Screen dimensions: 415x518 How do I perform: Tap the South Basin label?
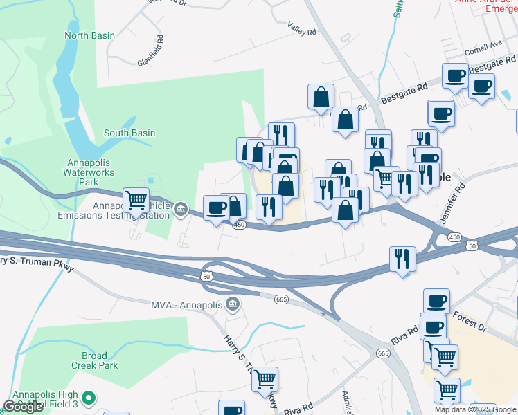[x=129, y=133]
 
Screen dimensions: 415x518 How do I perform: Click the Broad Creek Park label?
[x=95, y=360]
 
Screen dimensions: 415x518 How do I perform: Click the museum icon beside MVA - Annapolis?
[x=233, y=304]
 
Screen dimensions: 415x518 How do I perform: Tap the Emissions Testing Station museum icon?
[x=181, y=207]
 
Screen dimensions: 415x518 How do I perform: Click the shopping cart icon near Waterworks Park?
[x=136, y=201]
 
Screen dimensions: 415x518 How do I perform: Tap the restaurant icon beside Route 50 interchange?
[x=402, y=259]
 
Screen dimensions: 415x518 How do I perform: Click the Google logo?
[x=23, y=407]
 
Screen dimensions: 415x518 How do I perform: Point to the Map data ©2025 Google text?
[x=474, y=409]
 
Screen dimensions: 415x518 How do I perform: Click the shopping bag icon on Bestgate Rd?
[x=321, y=98]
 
